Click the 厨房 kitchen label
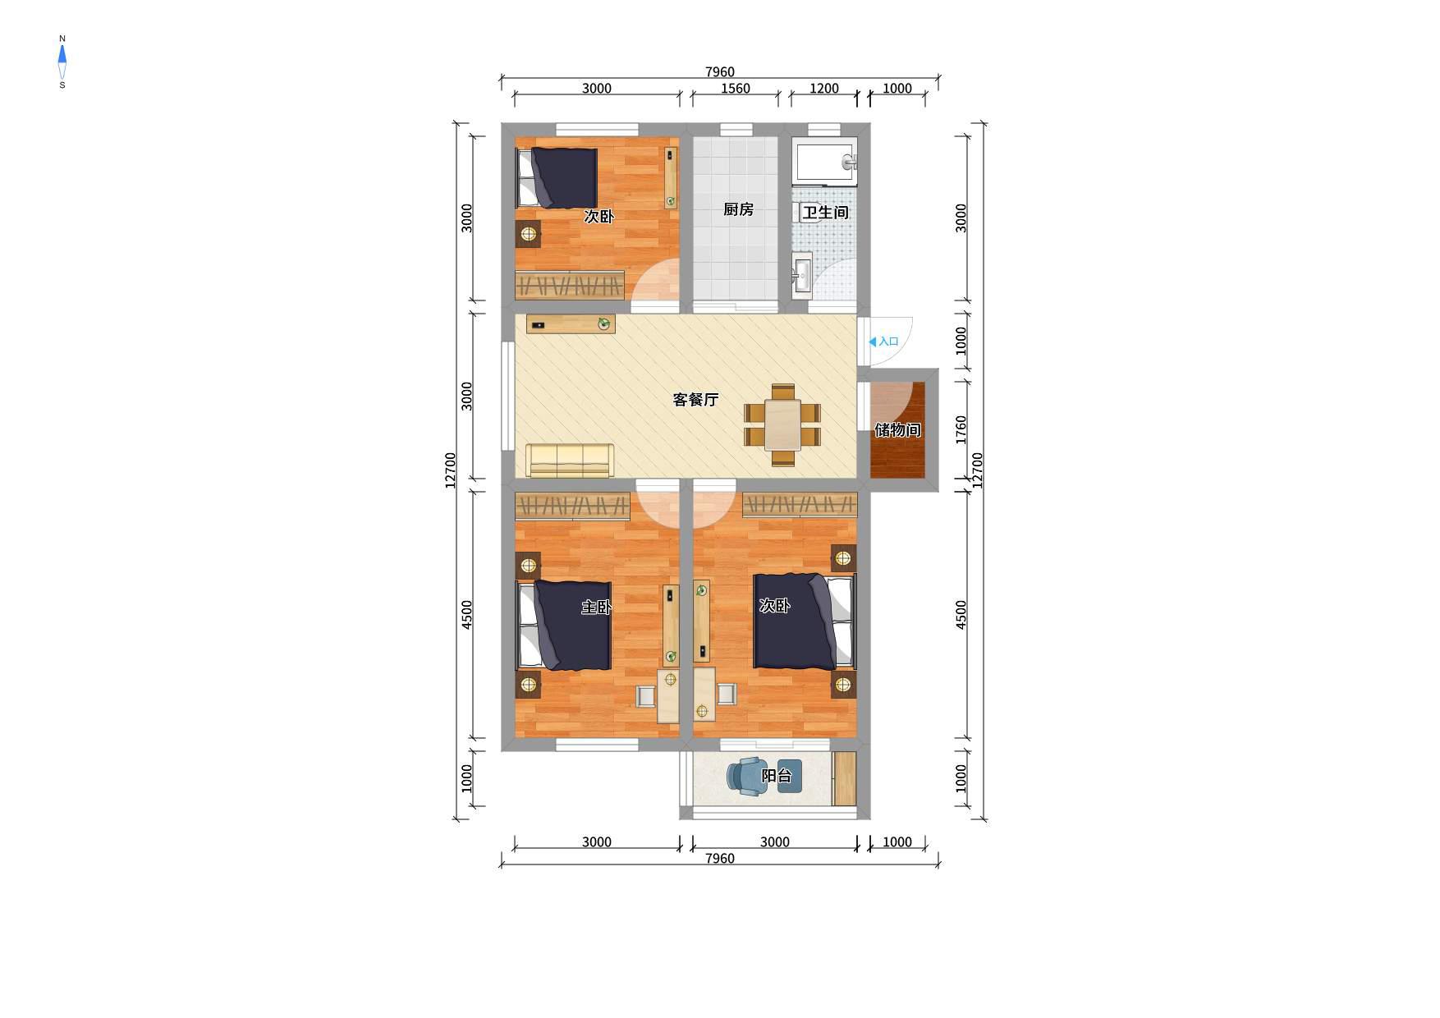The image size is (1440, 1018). pos(738,209)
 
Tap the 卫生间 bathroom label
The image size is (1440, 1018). pos(825,213)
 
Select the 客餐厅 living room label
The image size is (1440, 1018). pos(695,400)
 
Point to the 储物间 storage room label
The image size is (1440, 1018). pos(897,430)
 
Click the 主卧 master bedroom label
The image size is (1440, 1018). pos(597,608)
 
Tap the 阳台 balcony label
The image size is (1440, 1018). pos(777,776)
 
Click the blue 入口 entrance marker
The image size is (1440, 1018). pos(884,342)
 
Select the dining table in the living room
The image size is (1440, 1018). pos(782,424)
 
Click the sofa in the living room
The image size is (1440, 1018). pos(570,460)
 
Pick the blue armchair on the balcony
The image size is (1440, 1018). pos(747,776)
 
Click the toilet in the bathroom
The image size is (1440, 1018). pos(809,212)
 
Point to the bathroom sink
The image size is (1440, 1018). pos(802,273)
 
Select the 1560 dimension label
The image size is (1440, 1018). pos(735,89)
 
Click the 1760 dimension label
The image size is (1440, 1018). pos(961,429)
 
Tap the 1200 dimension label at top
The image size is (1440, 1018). pos(823,89)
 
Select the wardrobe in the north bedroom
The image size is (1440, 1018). pos(569,284)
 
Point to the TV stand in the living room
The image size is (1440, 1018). pos(571,323)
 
